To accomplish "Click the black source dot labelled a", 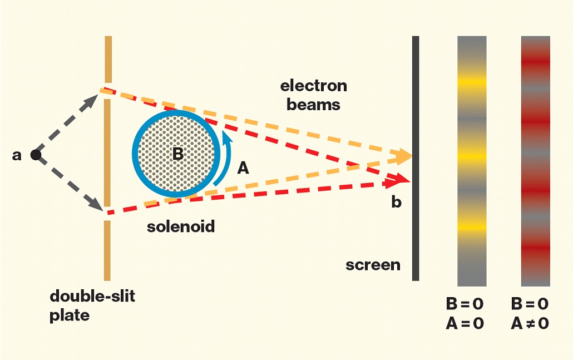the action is point(36,155).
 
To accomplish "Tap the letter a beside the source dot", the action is point(17,155).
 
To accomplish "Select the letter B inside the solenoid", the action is point(178,154).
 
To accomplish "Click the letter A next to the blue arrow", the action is point(243,168).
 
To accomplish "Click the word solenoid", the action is point(181,226).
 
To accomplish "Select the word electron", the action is point(314,86).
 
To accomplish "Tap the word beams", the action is point(313,105).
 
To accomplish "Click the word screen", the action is point(373,265).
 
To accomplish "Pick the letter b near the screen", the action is point(397,201).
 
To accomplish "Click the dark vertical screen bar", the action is point(416,158).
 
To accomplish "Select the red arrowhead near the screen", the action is point(399,180).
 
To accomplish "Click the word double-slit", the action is point(92,296).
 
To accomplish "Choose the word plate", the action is point(70,315).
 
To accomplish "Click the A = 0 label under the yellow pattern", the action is point(465,323).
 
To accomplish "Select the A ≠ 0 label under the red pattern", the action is point(530,323).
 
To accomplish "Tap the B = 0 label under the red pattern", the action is point(530,304).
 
